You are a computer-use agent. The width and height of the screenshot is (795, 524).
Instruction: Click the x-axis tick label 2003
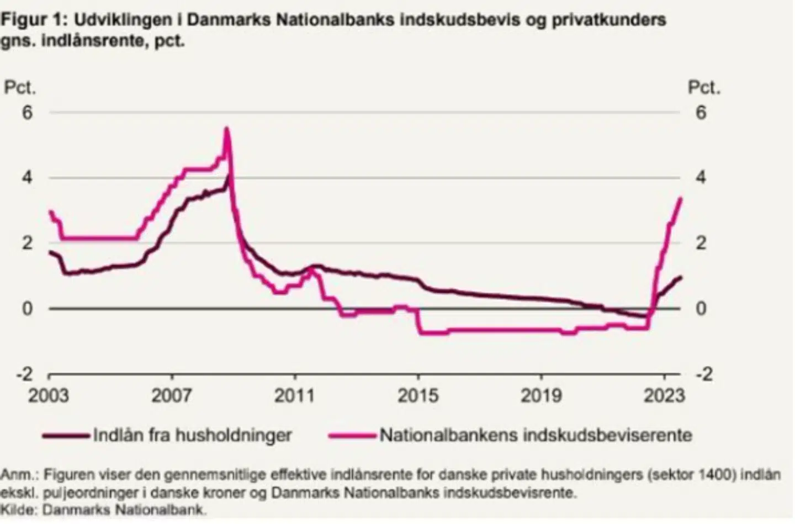click(x=49, y=395)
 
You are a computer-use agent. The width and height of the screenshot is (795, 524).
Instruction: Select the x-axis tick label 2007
click(x=172, y=395)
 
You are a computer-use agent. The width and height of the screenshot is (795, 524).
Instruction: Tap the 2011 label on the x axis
click(x=295, y=395)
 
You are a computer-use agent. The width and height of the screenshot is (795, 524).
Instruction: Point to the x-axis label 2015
click(x=418, y=395)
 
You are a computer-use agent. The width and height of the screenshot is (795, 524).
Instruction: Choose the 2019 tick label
click(x=541, y=395)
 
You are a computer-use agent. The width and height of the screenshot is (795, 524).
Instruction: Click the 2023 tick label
click(x=664, y=395)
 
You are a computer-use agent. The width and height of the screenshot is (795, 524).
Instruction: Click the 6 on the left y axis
click(x=27, y=113)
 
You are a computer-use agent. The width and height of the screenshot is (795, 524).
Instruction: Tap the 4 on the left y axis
click(x=27, y=178)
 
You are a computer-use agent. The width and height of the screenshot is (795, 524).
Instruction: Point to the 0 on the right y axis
click(x=701, y=309)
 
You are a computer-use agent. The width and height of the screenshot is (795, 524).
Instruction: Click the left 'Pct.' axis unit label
click(x=20, y=88)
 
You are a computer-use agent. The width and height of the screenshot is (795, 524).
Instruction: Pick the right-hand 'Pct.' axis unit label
click(x=704, y=88)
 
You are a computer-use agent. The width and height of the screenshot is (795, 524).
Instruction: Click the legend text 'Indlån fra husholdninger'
click(x=192, y=436)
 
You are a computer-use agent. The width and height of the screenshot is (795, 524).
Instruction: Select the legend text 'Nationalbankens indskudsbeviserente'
click(x=536, y=436)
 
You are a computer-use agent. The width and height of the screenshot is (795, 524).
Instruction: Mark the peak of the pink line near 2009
click(x=226, y=128)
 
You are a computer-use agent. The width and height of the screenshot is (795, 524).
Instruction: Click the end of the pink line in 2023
click(x=681, y=198)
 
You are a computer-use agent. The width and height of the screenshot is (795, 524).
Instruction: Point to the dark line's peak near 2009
click(x=229, y=176)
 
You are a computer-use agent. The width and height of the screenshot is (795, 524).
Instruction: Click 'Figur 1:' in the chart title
click(x=33, y=20)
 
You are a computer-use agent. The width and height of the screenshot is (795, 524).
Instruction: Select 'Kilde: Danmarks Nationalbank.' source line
click(x=103, y=510)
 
